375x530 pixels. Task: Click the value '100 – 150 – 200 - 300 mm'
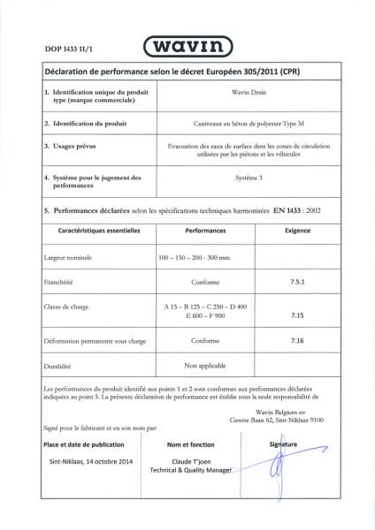click(x=194, y=256)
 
